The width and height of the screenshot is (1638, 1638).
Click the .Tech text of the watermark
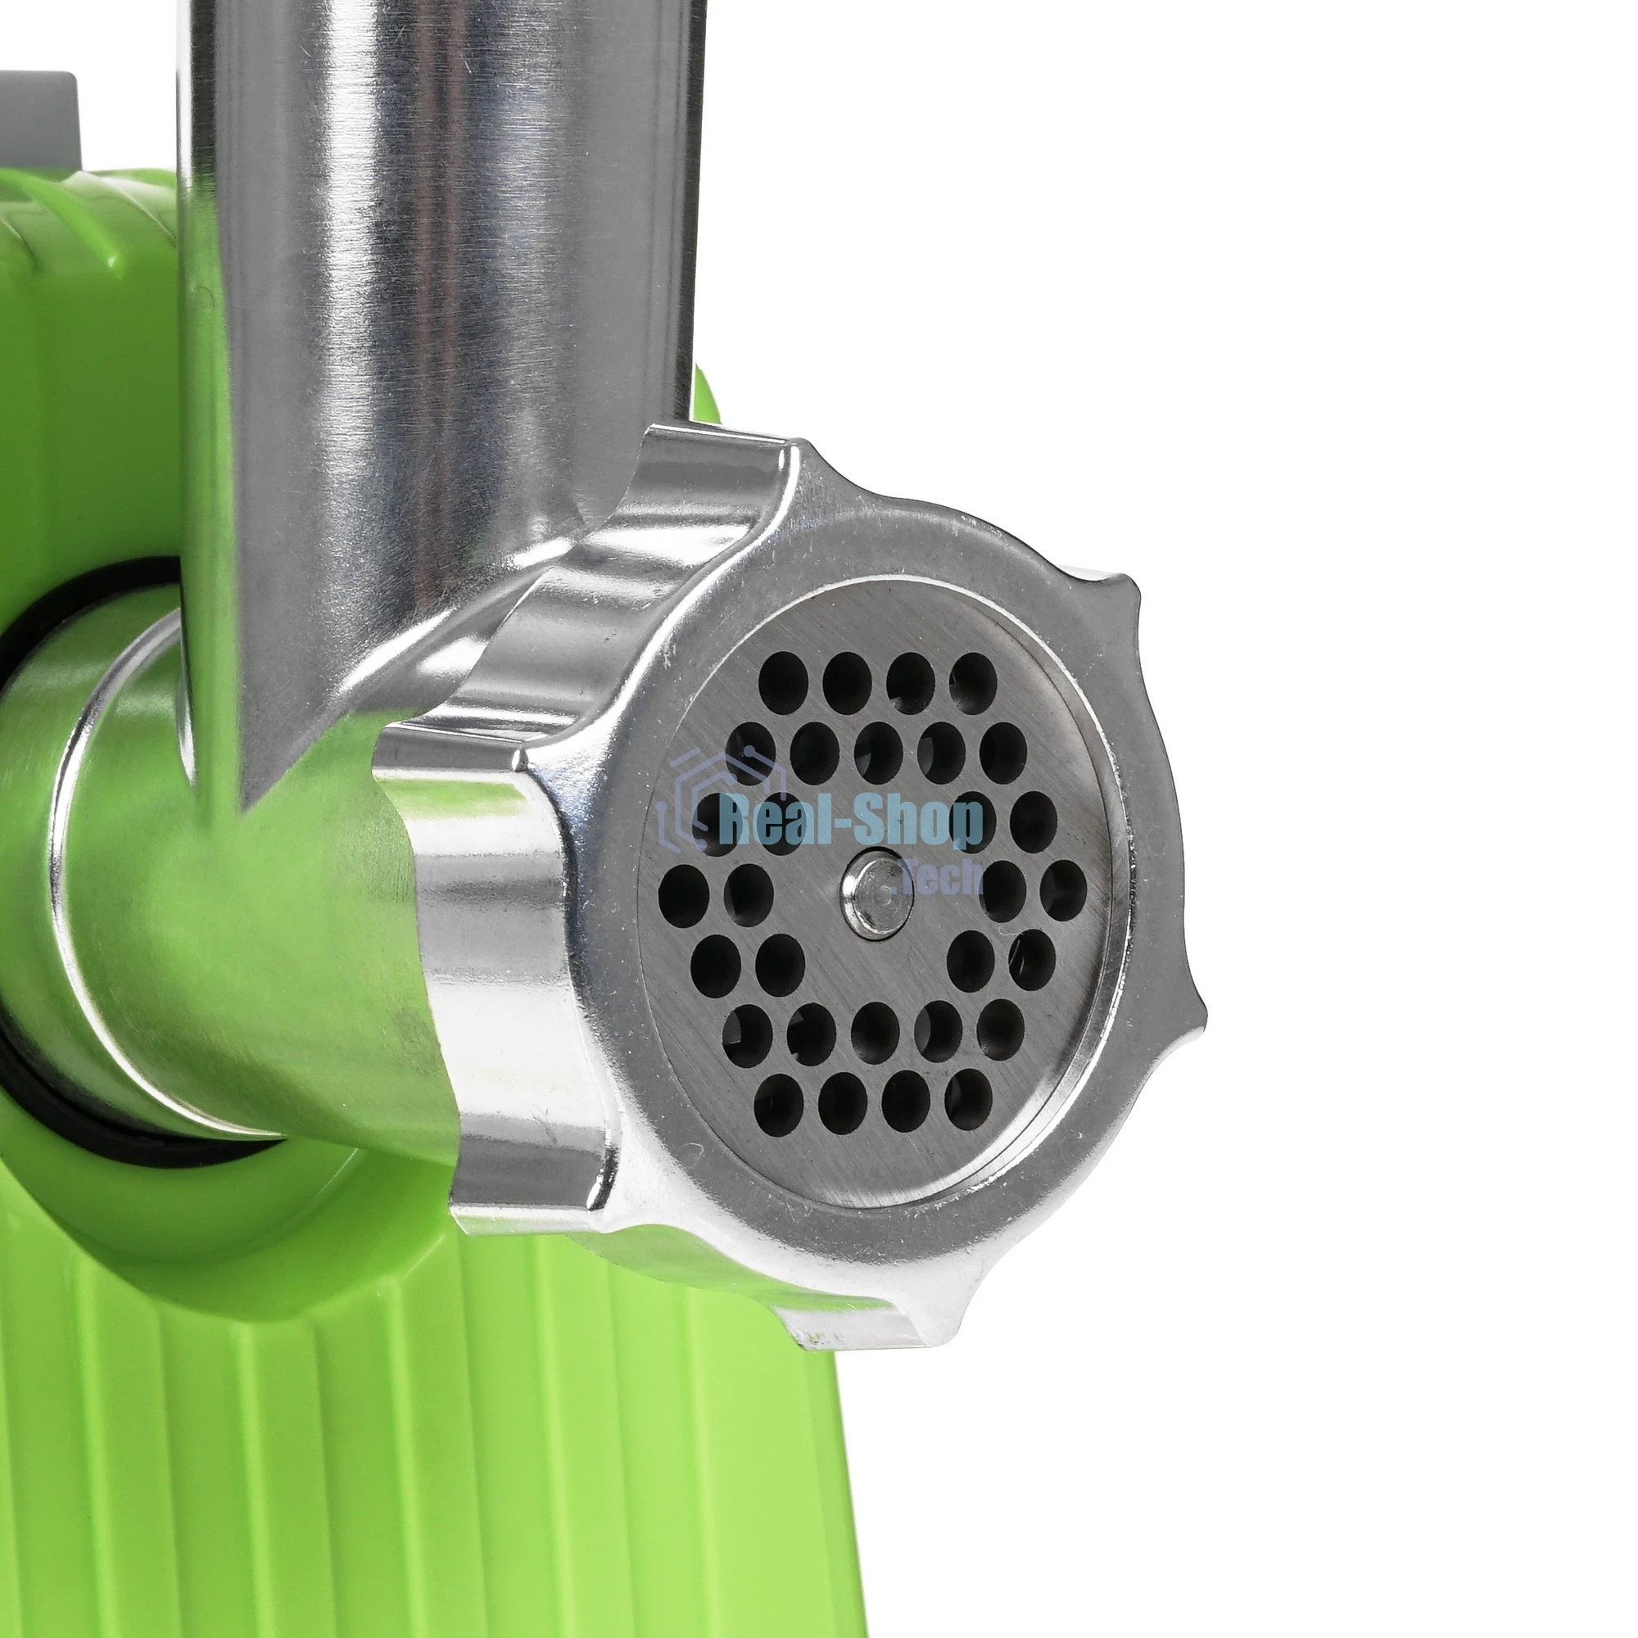pyautogui.click(x=941, y=878)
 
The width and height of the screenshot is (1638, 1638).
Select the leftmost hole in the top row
pyautogui.click(x=782, y=683)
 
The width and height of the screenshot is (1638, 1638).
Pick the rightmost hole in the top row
pyautogui.click(x=973, y=683)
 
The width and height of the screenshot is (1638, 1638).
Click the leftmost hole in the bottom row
pyautogui.click(x=779, y=1102)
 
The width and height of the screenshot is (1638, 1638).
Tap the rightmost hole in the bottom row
pyautogui.click(x=968, y=1100)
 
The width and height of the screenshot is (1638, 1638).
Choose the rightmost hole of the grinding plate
pyautogui.click(x=1063, y=892)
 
